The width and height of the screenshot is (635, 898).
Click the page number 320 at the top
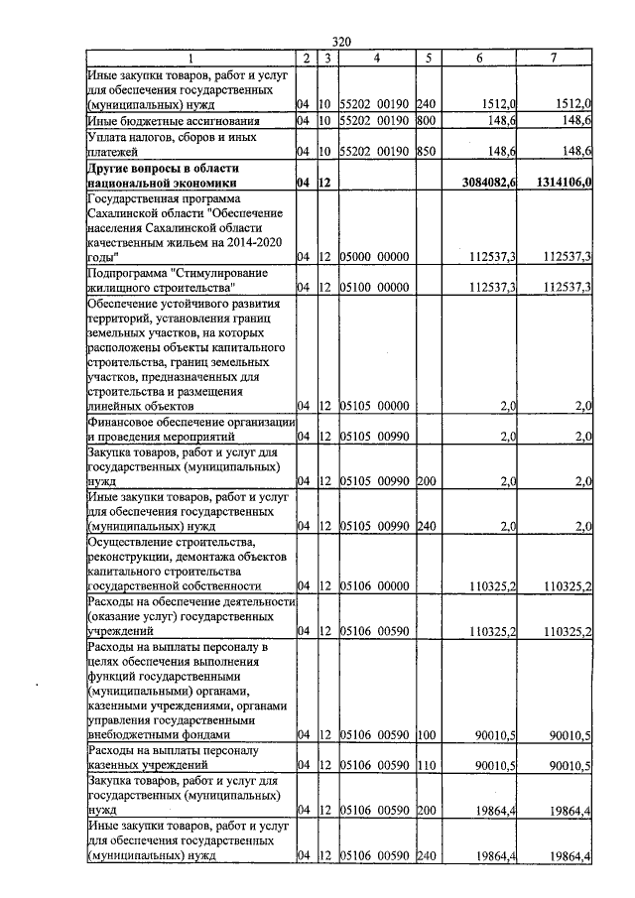click(x=341, y=42)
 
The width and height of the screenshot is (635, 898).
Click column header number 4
click(x=376, y=58)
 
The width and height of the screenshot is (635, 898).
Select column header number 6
click(x=479, y=58)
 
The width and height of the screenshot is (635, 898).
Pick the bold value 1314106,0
click(x=556, y=183)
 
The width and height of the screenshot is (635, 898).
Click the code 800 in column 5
click(x=427, y=120)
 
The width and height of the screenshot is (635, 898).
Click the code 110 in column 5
click(x=427, y=765)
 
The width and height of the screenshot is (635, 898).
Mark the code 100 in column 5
click(x=427, y=734)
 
